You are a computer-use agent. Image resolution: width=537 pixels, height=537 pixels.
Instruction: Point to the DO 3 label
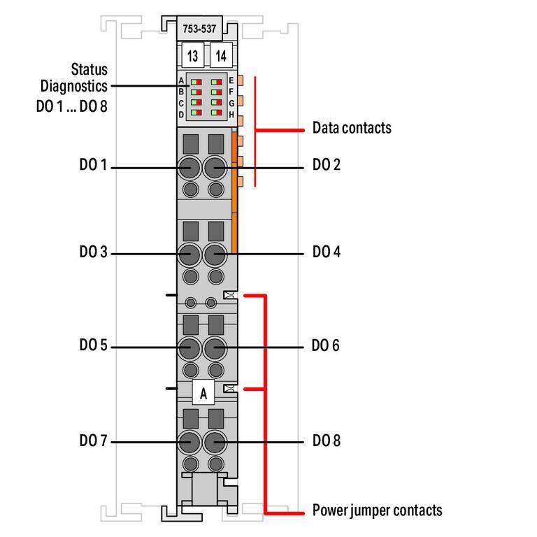coord(93,252)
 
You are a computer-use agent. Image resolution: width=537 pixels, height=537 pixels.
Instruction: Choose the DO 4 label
coord(326,252)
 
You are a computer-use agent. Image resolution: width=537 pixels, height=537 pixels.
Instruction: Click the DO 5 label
coord(93,346)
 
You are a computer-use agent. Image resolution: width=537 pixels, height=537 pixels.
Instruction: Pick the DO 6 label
coord(325,346)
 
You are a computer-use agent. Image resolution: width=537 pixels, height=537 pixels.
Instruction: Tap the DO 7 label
coord(93,441)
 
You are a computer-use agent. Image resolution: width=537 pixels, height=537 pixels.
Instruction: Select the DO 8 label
coord(325,441)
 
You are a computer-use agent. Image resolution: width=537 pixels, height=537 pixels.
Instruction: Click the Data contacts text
coord(352,128)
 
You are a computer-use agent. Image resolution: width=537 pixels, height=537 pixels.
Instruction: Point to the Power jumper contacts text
coord(377,510)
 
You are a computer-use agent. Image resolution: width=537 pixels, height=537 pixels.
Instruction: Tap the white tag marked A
coord(203,394)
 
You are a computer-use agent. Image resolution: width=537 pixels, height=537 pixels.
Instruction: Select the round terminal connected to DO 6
coord(215,347)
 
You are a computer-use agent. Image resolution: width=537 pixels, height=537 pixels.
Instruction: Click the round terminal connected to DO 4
coord(215,254)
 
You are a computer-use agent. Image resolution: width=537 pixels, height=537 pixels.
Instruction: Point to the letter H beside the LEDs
coord(231,113)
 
